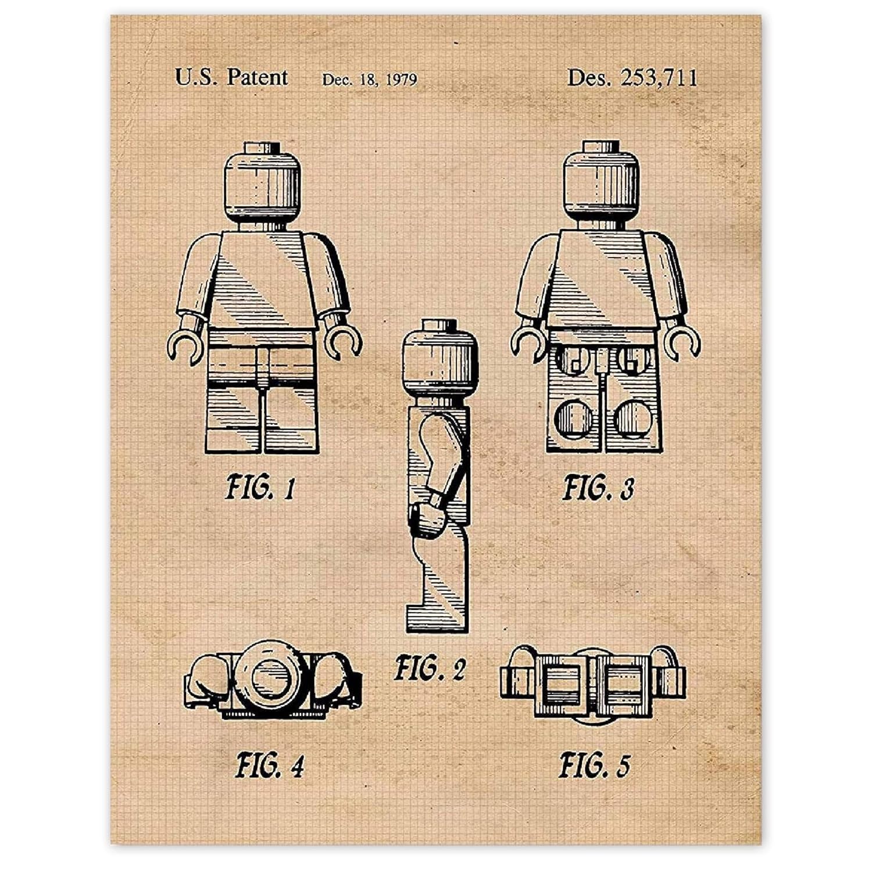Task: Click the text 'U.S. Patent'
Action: (x=231, y=77)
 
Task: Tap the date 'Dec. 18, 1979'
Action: (x=370, y=79)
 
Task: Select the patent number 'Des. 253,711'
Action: (x=632, y=77)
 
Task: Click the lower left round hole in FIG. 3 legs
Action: (x=573, y=419)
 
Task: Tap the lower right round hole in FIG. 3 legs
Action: (x=633, y=419)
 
